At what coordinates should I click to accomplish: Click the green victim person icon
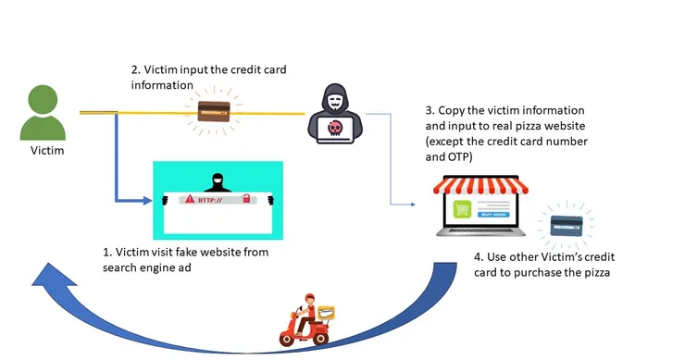click(x=43, y=113)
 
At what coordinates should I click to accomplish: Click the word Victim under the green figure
click(x=47, y=151)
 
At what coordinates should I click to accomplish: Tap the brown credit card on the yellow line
click(x=214, y=111)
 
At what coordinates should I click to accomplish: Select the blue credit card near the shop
click(x=567, y=226)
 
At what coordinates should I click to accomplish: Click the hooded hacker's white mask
click(x=335, y=104)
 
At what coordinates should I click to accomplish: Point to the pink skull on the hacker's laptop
click(x=335, y=128)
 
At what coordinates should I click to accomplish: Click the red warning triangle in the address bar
click(x=190, y=199)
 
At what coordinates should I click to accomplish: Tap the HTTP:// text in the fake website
click(x=210, y=201)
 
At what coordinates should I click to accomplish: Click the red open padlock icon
click(x=246, y=199)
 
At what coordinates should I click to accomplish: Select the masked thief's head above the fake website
click(x=218, y=180)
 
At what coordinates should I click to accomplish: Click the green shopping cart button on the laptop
click(x=463, y=210)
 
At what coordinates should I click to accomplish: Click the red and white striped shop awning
click(x=480, y=185)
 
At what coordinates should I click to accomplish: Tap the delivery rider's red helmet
click(x=310, y=297)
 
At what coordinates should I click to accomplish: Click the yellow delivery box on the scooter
click(x=326, y=313)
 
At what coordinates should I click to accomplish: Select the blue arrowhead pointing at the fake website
click(x=148, y=201)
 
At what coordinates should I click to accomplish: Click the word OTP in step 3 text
click(x=458, y=156)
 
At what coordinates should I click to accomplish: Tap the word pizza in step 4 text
click(x=596, y=273)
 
